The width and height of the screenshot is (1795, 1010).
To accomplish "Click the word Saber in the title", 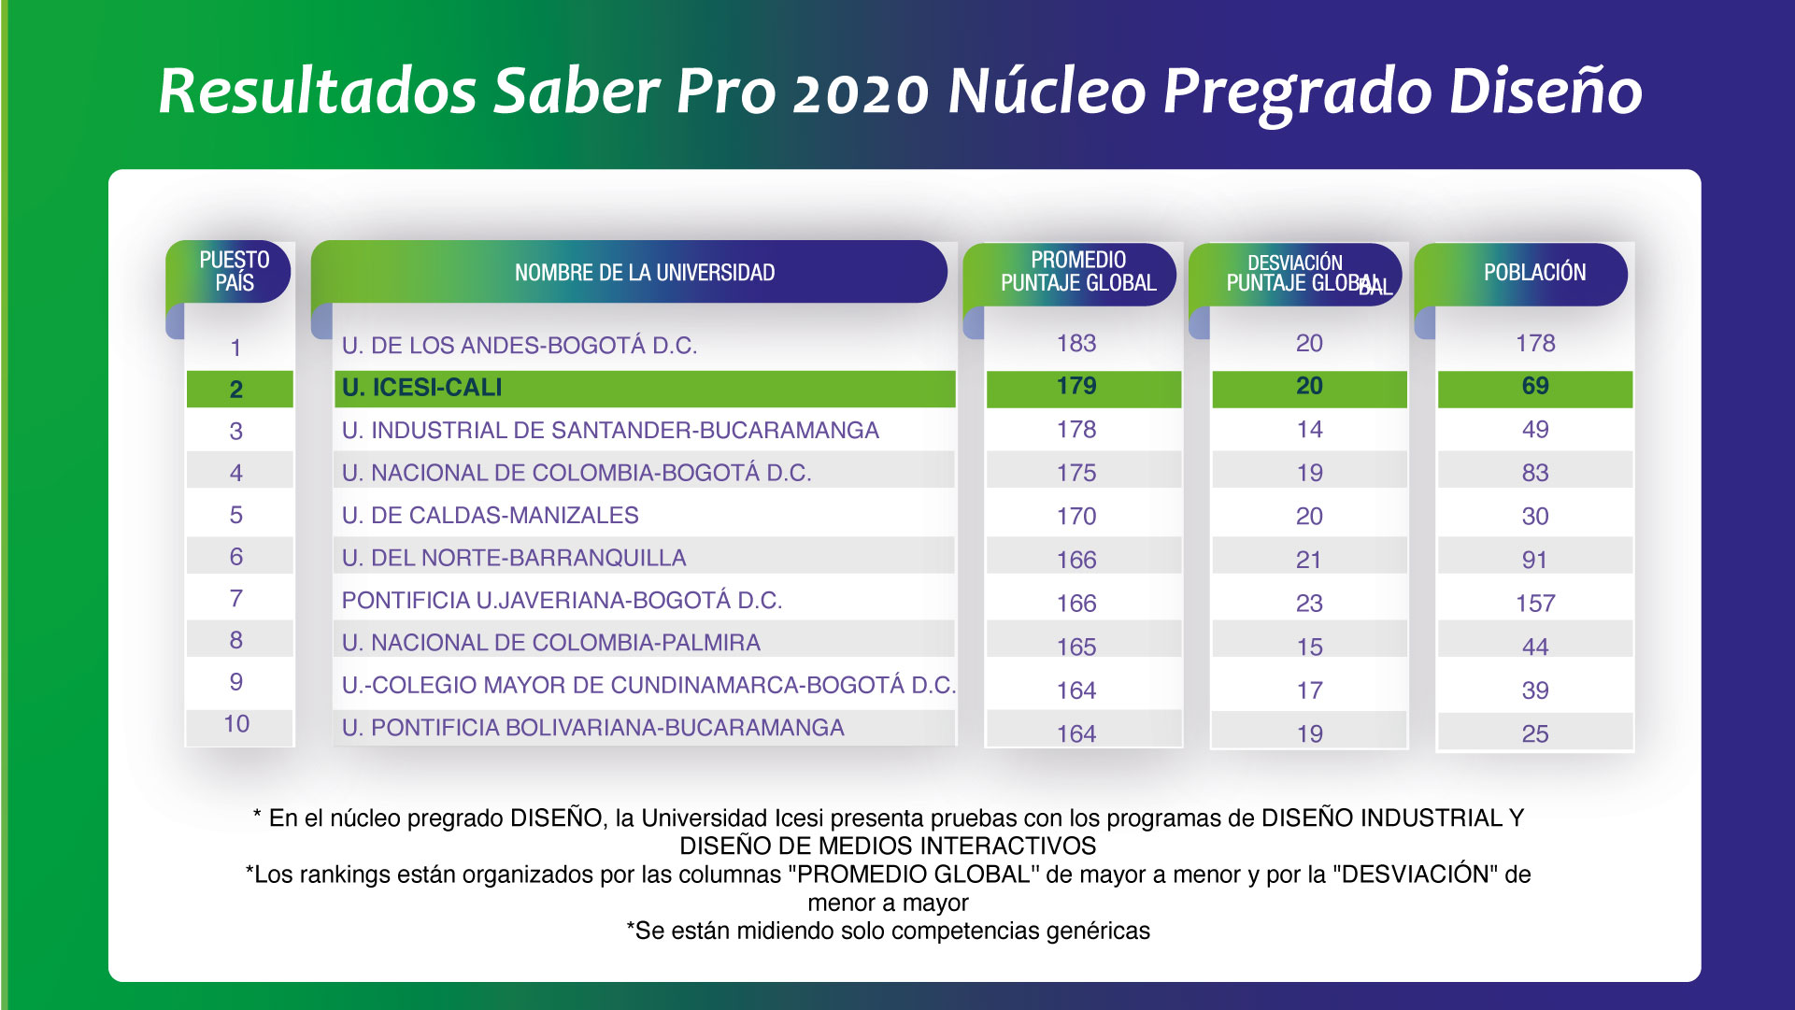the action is click(577, 92).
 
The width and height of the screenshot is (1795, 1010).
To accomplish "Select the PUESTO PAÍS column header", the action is click(234, 271).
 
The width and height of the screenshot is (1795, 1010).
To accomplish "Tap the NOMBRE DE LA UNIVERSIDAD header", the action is click(645, 273).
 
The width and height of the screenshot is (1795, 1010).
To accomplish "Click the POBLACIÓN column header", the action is click(1535, 273).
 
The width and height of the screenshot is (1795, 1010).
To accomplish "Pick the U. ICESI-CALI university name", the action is click(422, 388).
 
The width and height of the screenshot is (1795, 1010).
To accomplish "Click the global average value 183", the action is click(1076, 343).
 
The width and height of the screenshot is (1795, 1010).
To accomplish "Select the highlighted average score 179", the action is click(1076, 386).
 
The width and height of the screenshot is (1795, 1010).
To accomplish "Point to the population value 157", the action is click(1535, 604).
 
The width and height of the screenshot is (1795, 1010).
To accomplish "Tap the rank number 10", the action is click(236, 724).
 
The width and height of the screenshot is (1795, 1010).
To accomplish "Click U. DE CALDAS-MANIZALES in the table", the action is click(491, 516).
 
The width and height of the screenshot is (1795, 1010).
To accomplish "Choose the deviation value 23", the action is click(1309, 604).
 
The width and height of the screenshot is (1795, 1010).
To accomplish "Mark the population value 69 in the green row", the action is click(1535, 386).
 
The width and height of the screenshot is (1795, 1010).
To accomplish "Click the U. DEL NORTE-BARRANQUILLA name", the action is click(514, 558).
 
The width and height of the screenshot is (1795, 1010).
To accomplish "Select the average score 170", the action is click(1076, 517).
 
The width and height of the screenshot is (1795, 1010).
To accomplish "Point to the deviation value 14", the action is click(1309, 430).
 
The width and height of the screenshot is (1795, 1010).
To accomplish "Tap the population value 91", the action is click(1535, 560).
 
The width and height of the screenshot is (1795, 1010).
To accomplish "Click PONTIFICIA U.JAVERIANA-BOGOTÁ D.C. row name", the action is click(562, 601).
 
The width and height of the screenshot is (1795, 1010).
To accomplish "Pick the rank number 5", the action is click(236, 515).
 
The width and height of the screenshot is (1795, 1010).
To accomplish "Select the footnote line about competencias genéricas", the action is click(889, 931).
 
